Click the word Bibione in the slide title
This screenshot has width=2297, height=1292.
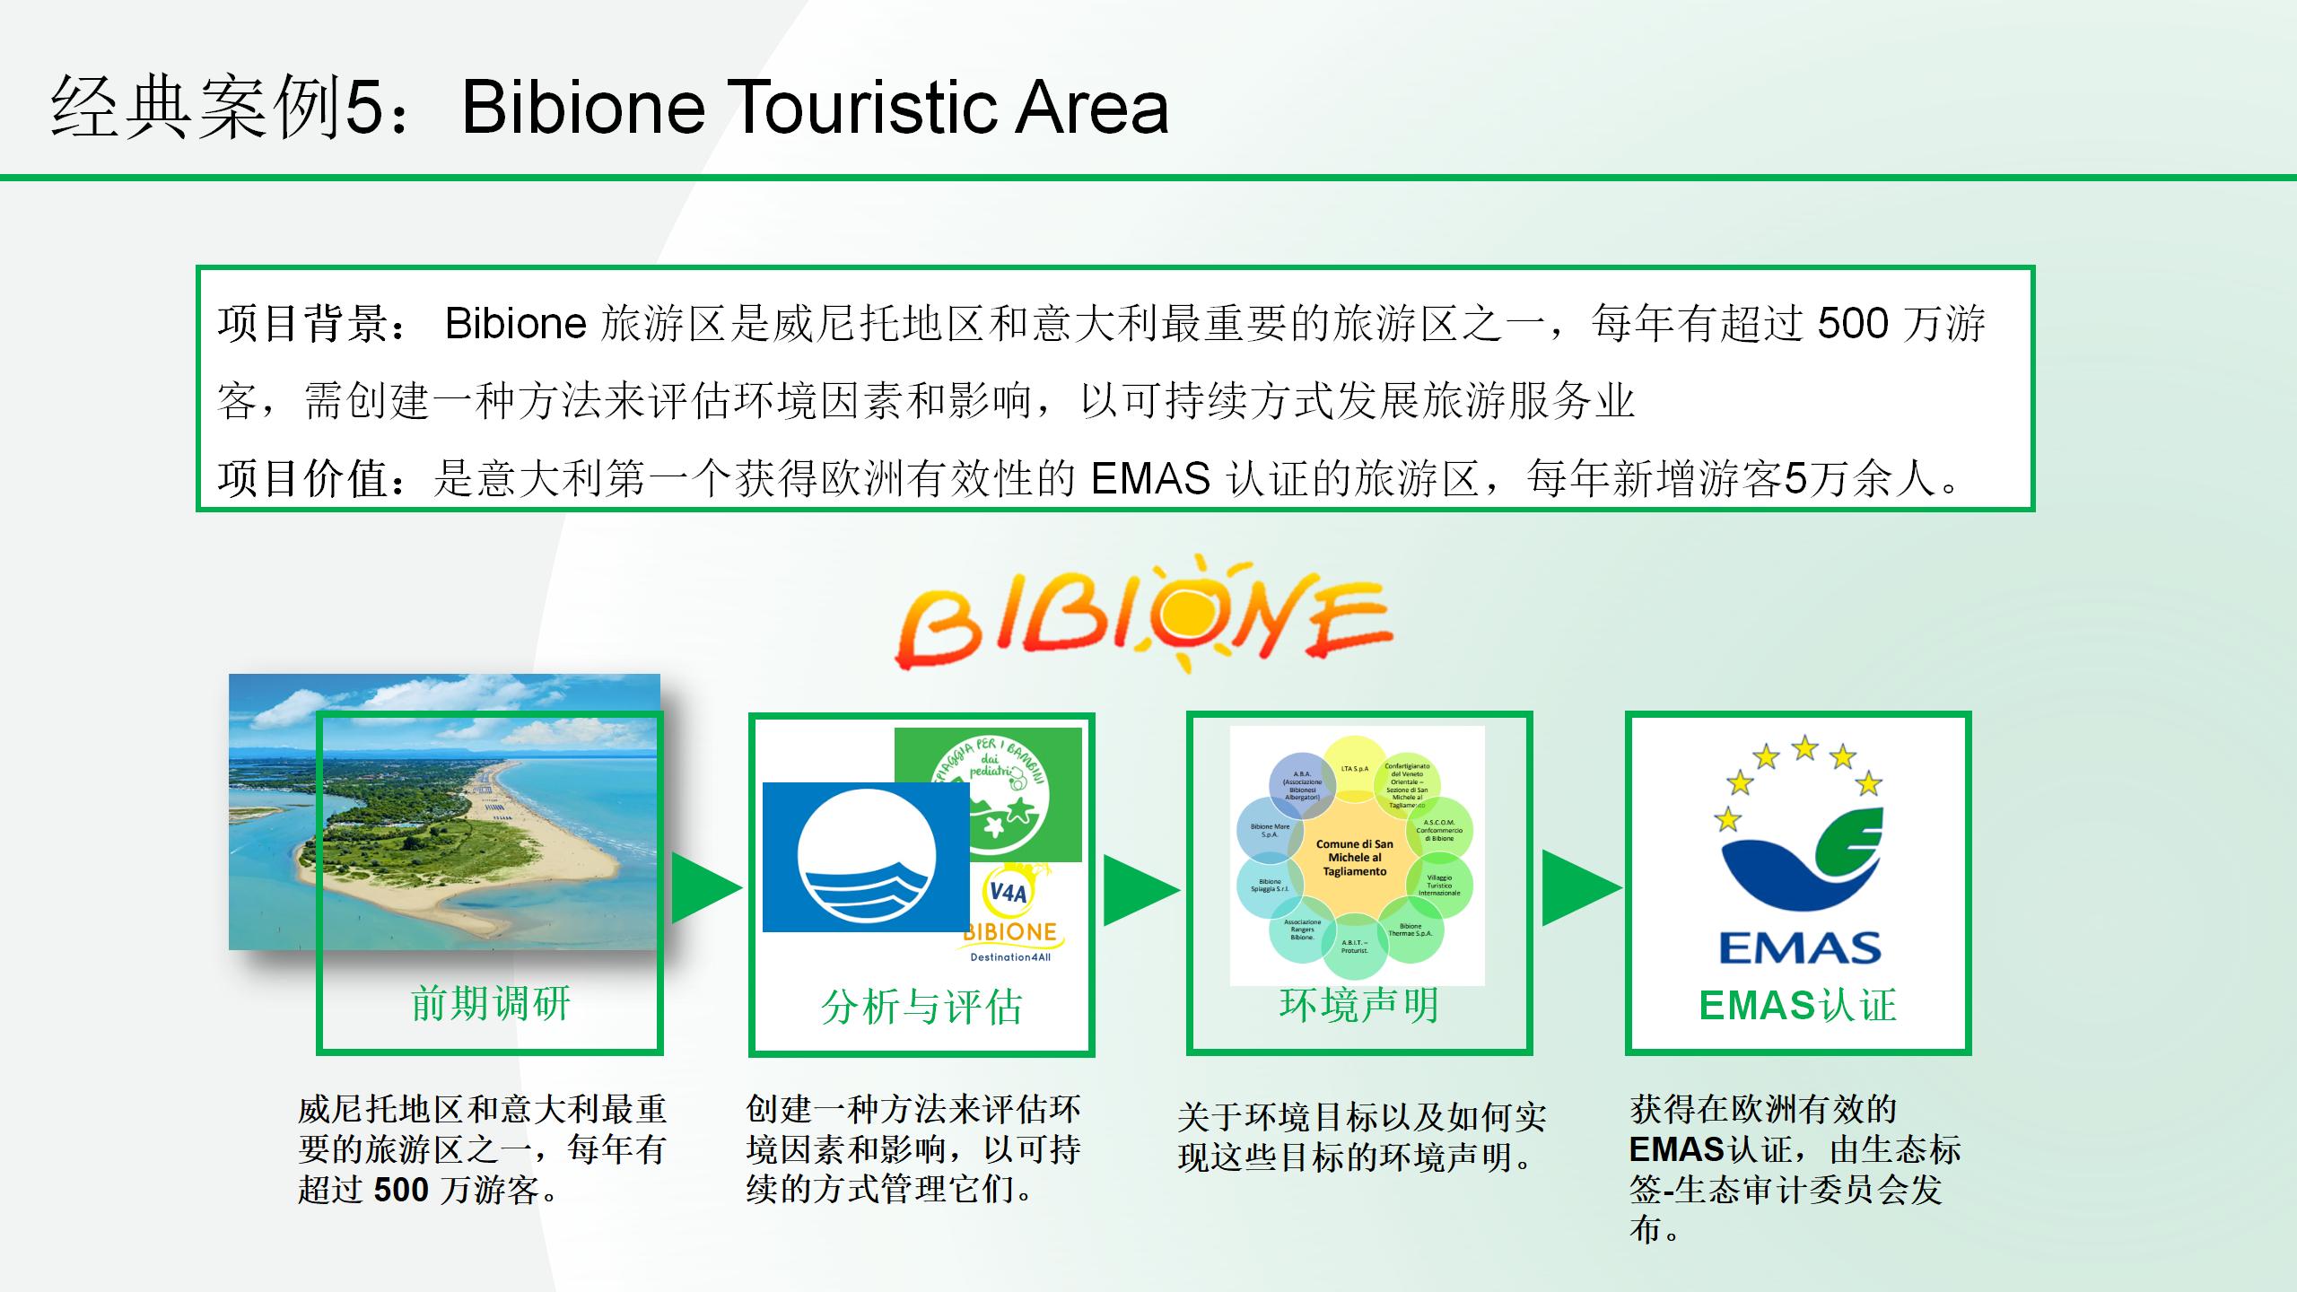[x=583, y=108]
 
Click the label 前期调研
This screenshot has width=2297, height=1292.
[x=490, y=1003]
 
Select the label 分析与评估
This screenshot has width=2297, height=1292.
[x=921, y=1007]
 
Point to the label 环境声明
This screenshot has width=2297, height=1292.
[x=1359, y=1005]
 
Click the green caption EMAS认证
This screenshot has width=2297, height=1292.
[x=1797, y=1005]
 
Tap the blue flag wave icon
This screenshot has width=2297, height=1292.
[x=866, y=857]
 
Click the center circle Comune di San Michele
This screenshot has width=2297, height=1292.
[x=1355, y=858]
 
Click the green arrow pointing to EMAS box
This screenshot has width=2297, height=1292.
[x=1580, y=887]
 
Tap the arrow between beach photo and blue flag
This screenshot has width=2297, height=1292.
[x=705, y=887]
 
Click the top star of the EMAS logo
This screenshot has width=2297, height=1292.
[x=1804, y=746]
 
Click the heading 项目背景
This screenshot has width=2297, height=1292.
[x=305, y=324]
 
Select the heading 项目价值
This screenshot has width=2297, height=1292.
[x=305, y=478]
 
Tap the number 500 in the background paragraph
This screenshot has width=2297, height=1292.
[x=1852, y=324]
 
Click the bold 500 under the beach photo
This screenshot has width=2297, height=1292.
[x=401, y=1190]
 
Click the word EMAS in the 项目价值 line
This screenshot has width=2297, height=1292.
[x=1150, y=478]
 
